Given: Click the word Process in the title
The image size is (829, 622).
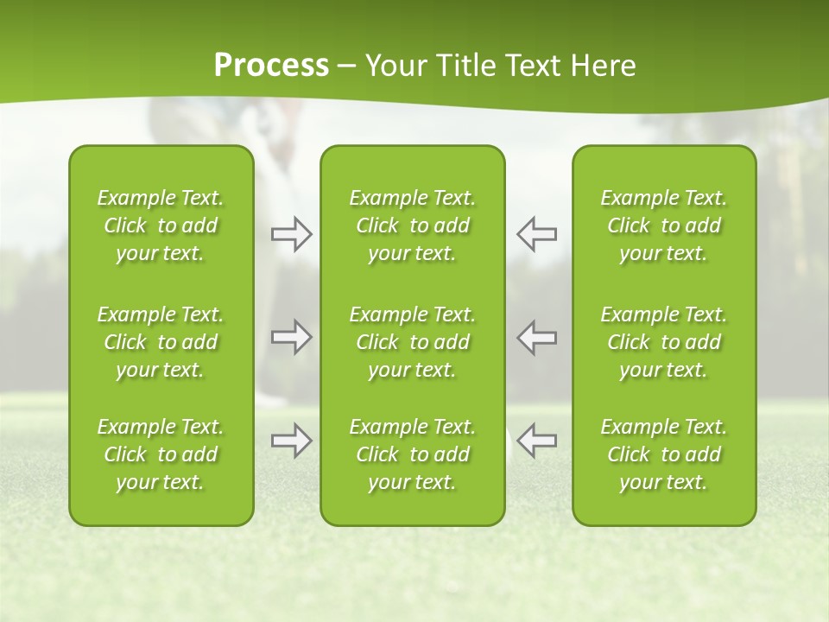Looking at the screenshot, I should tap(271, 66).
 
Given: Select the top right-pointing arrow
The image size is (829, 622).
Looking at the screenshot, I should tap(291, 234).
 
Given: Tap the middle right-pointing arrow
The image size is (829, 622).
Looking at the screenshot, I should tap(291, 337).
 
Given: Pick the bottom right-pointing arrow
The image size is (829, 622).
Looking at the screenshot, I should tap(291, 441).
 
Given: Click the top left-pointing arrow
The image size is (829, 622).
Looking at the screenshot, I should tap(537, 234).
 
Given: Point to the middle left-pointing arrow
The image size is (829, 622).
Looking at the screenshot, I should tap(537, 337).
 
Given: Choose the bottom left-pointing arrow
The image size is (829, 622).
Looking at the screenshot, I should tap(537, 441).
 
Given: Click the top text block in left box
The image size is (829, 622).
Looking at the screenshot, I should tap(161, 225).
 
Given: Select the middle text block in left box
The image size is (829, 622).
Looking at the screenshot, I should tap(161, 342).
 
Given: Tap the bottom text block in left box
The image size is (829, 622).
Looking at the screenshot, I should tap(161, 454).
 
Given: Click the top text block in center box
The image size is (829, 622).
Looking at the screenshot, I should tap(413, 225).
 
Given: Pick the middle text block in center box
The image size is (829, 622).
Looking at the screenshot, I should tap(413, 342).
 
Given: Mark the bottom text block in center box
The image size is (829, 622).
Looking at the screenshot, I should tap(413, 454).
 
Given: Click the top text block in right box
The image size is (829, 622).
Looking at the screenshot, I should tap(664, 225).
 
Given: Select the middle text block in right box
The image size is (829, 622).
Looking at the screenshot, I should tap(664, 342).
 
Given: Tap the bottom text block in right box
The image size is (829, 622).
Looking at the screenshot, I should tap(664, 454).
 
